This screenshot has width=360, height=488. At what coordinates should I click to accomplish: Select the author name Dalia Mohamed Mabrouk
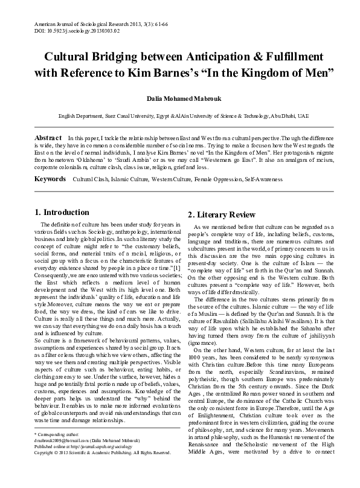coord(180,98)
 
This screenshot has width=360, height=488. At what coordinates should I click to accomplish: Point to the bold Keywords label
coord(51,163)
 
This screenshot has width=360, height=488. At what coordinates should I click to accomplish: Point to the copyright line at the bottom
coord(103,470)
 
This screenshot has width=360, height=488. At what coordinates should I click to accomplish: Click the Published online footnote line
coord(89,463)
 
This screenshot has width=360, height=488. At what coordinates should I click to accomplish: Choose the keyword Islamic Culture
coord(127,163)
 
